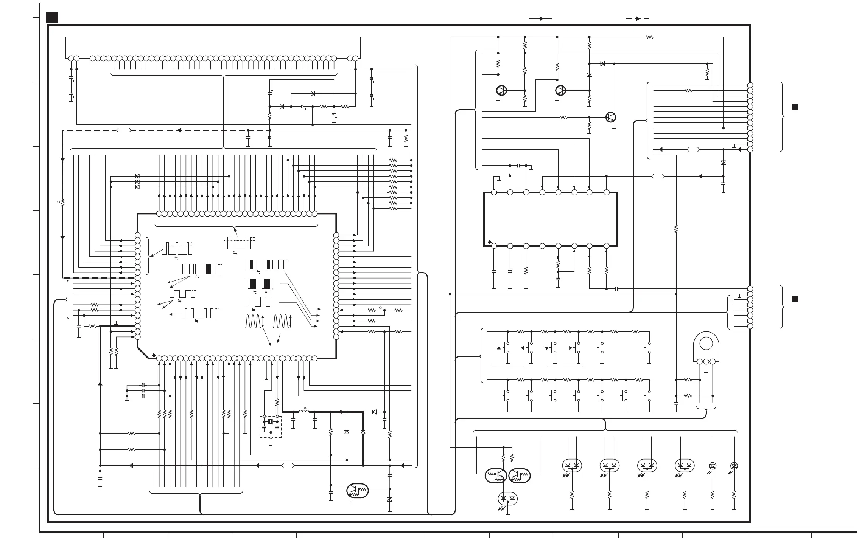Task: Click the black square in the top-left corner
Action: (52, 17)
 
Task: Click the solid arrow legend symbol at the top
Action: (540, 19)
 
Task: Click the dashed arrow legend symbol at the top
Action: (638, 19)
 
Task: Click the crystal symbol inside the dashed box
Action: (271, 421)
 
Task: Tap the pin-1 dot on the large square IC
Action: (153, 355)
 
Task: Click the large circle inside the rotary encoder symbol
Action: (706, 344)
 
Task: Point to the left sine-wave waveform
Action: (253, 321)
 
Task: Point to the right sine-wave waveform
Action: (280, 321)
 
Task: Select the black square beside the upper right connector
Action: (795, 107)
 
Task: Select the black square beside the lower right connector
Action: (795, 299)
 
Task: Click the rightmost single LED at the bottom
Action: (734, 466)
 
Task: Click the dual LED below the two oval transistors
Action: (508, 499)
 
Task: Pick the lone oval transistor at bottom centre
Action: (357, 490)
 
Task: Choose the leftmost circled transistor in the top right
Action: (501, 91)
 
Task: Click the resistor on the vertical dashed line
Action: (63, 203)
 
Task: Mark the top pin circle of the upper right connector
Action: (750, 85)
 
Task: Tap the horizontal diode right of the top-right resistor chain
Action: (602, 64)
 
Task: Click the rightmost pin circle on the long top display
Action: (355, 58)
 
